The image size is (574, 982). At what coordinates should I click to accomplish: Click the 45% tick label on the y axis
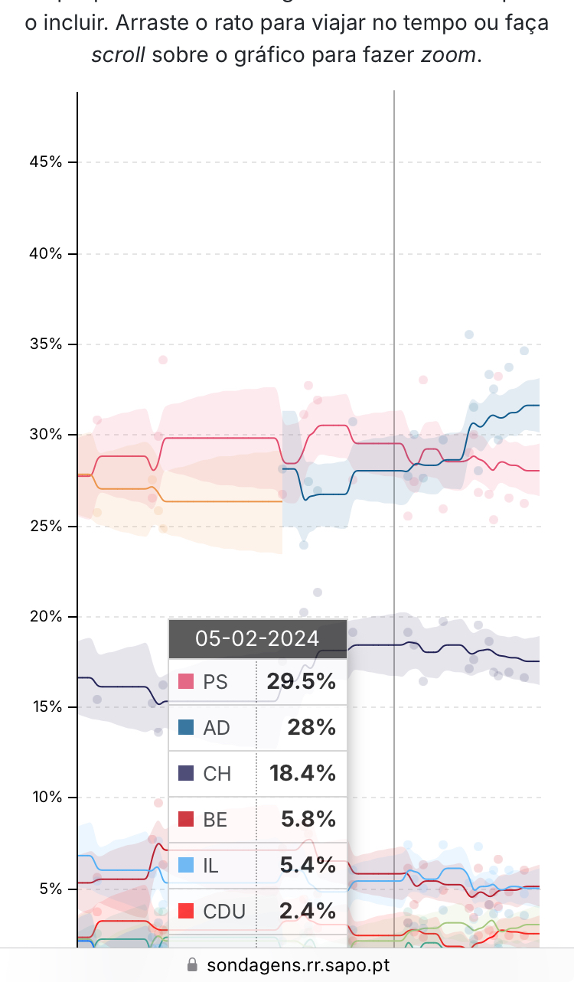(45, 162)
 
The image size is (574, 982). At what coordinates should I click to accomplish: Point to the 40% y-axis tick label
(45, 253)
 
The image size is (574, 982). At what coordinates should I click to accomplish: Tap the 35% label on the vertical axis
(45, 344)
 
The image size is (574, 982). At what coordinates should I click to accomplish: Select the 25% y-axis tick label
(45, 527)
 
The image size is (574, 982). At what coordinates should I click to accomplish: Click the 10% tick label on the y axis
(45, 798)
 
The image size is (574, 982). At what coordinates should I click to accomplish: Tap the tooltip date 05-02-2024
(257, 638)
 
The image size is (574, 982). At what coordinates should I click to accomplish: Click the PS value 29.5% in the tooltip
(301, 682)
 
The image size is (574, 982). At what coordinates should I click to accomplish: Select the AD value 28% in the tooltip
(311, 728)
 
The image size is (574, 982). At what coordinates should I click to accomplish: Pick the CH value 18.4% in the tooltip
(302, 774)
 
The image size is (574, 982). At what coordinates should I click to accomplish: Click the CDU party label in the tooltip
(224, 912)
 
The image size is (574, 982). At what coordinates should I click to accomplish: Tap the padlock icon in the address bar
(192, 965)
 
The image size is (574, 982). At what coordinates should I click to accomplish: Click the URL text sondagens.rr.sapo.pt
(298, 965)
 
